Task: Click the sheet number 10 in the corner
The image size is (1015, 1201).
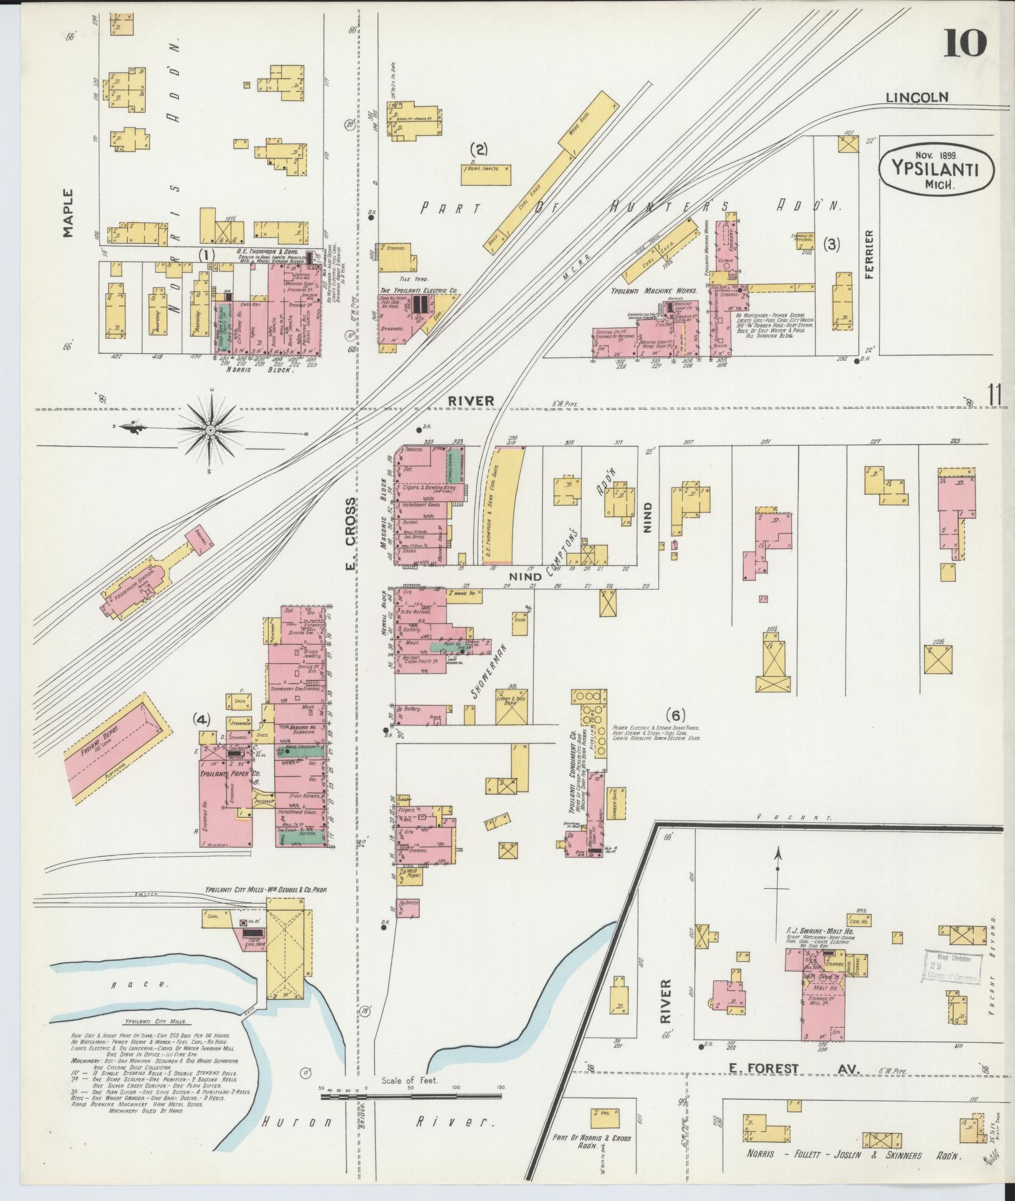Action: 965,44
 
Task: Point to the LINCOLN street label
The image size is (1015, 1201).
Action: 917,97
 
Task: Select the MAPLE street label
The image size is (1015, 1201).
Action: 67,213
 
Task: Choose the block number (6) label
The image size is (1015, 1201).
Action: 676,714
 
